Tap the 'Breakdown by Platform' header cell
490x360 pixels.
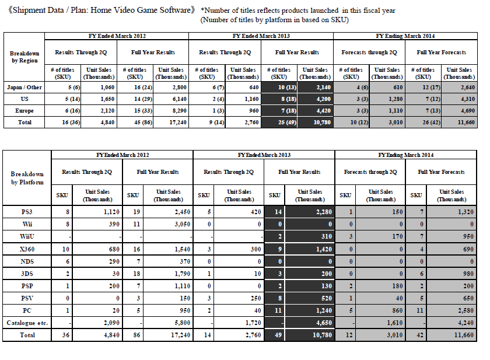[27, 178]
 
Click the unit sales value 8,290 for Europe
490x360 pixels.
[174, 110]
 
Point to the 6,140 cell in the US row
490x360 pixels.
[174, 99]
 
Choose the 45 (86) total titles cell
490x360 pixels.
[135, 122]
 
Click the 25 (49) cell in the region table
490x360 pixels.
[279, 122]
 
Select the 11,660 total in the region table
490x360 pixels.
[460, 122]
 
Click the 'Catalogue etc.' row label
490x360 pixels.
[27, 323]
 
